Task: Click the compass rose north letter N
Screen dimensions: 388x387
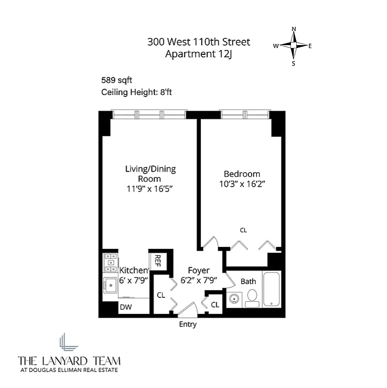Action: click(x=293, y=29)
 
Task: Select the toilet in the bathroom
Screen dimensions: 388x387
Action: click(x=252, y=297)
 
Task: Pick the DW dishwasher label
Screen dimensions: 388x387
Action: click(x=126, y=307)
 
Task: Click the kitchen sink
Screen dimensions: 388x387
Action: click(x=111, y=285)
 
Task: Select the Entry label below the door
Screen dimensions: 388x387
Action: click(x=188, y=324)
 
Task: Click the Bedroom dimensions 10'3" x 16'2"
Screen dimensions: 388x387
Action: click(x=242, y=184)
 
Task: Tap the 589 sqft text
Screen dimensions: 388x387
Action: click(x=116, y=80)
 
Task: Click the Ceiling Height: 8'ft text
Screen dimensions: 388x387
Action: click(x=134, y=93)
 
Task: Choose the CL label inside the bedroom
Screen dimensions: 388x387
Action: click(x=243, y=230)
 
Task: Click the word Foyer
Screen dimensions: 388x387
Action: click(x=199, y=270)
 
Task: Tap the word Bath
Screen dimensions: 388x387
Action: click(x=248, y=281)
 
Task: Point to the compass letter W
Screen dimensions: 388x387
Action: click(x=275, y=46)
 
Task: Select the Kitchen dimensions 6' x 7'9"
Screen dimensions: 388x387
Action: click(x=133, y=280)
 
